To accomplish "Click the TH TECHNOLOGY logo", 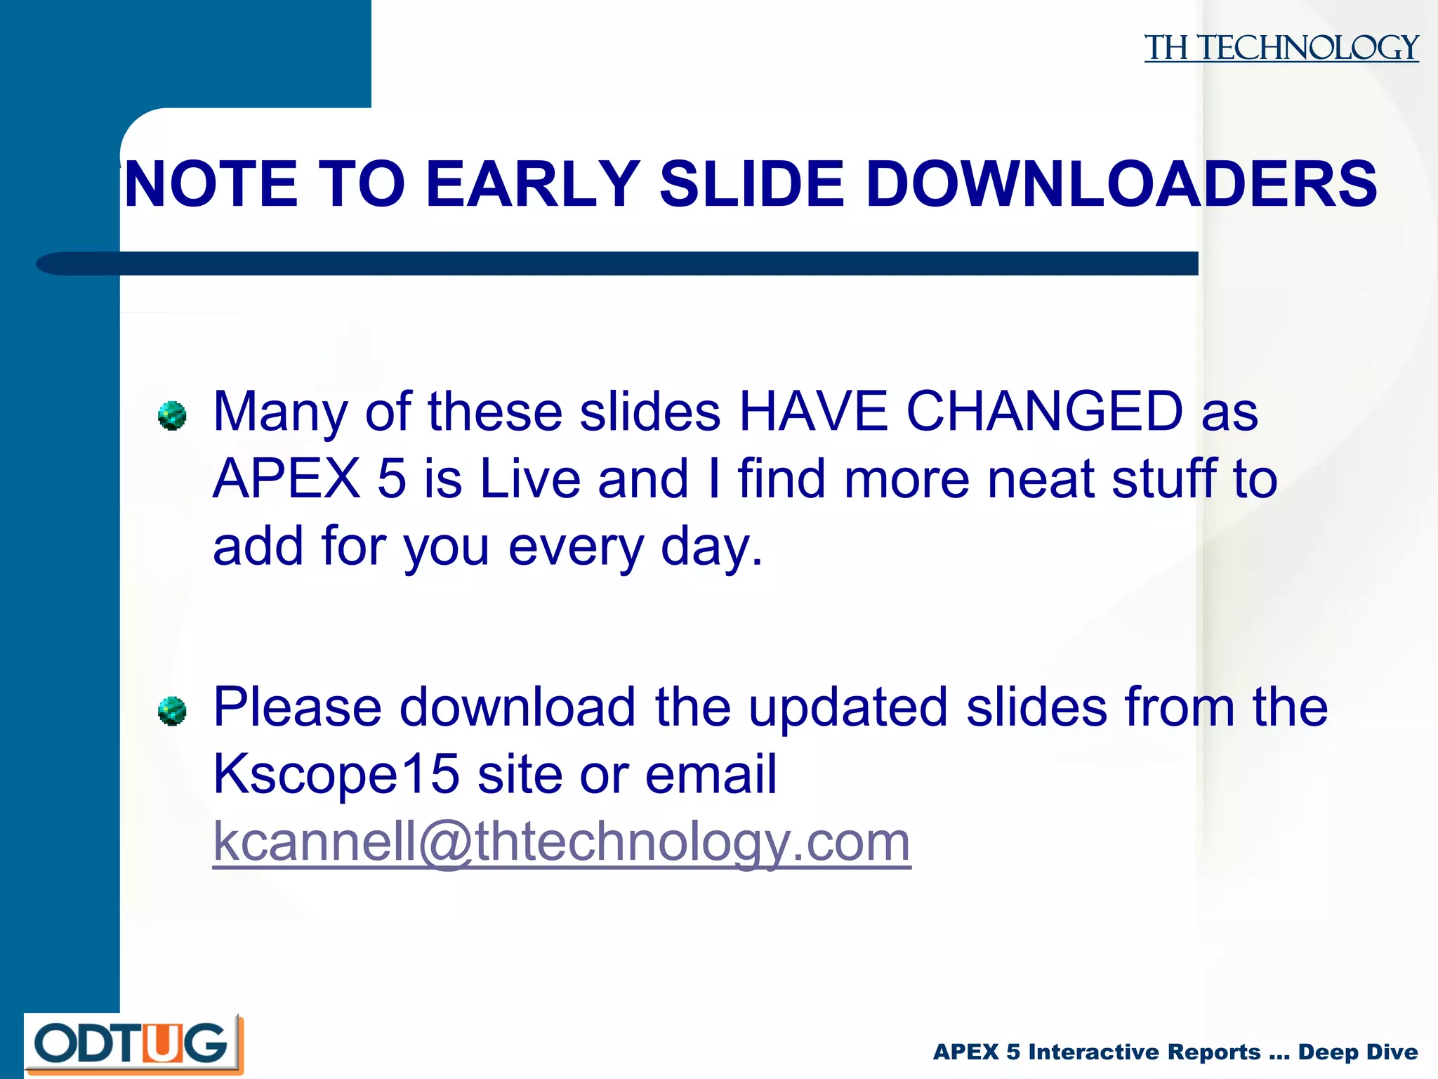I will [x=1281, y=48].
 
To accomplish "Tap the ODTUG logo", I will [x=133, y=1044].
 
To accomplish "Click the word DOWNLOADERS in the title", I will [x=1121, y=184].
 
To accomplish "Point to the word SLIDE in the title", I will [x=752, y=184].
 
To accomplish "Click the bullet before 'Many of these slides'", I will [x=172, y=416].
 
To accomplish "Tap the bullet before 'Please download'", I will [x=172, y=711].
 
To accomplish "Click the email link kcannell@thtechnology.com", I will [x=562, y=841].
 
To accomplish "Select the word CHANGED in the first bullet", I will [x=1045, y=411].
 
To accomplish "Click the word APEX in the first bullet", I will [x=286, y=479].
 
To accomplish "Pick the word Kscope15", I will [x=336, y=774].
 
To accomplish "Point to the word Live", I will [x=530, y=479].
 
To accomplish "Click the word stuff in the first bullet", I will [x=1164, y=479].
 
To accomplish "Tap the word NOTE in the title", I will [x=211, y=184].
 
